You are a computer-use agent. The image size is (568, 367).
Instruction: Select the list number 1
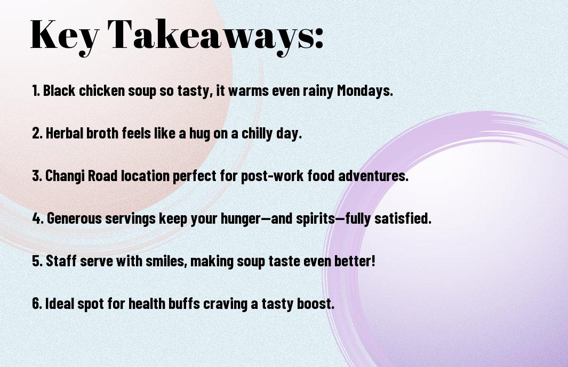[x=36, y=91]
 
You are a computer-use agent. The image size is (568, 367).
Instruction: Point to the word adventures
[x=373, y=176]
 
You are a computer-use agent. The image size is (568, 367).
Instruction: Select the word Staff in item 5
[x=61, y=261]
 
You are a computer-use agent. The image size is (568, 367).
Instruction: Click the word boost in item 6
[x=316, y=303]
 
